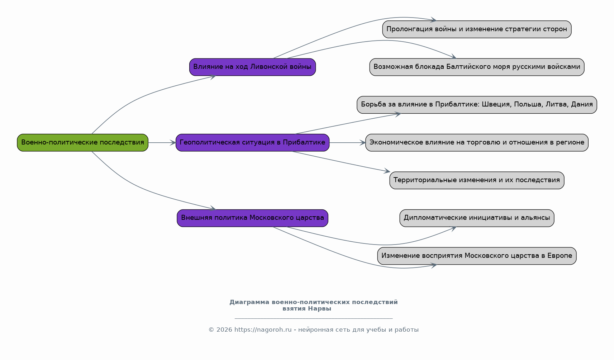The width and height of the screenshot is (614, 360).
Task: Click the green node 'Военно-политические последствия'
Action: (x=82, y=143)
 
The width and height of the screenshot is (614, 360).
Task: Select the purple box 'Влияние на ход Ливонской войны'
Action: (x=252, y=67)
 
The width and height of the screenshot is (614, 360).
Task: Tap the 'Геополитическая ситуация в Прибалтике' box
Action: (x=252, y=143)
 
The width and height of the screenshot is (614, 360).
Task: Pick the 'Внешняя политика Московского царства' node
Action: (x=252, y=218)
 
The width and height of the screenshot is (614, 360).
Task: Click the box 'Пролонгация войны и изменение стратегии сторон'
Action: (x=477, y=29)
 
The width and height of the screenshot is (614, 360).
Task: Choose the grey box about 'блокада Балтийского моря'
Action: (x=477, y=67)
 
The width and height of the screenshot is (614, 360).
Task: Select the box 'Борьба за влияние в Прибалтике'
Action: (x=477, y=105)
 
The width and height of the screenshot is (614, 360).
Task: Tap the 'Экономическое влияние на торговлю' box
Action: (x=477, y=143)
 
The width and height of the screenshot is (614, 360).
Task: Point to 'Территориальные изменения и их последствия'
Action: (x=477, y=180)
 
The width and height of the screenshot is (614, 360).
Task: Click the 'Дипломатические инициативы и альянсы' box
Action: (x=477, y=218)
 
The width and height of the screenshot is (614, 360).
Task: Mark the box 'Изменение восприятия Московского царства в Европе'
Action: (x=477, y=256)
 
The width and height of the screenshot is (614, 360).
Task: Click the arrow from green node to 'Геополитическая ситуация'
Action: (x=162, y=143)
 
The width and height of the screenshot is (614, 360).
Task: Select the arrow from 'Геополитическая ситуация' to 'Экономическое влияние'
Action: (x=347, y=143)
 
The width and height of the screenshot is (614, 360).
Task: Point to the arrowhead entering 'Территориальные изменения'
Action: (x=387, y=171)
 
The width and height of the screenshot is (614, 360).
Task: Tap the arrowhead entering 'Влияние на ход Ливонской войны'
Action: (x=213, y=77)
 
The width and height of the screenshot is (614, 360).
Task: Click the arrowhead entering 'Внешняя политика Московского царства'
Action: (x=213, y=208)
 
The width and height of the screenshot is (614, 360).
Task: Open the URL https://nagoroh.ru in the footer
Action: (x=263, y=330)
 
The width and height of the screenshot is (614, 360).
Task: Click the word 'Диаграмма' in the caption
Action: (x=249, y=302)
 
